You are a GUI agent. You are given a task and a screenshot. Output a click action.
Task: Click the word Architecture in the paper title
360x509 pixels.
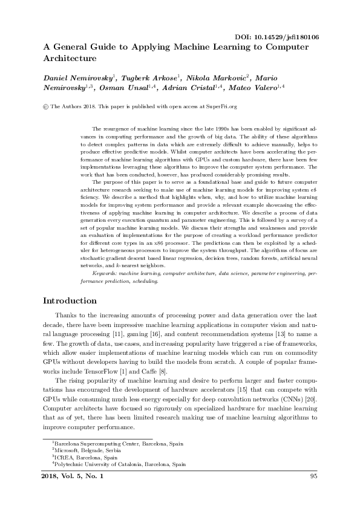tap(70, 59)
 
